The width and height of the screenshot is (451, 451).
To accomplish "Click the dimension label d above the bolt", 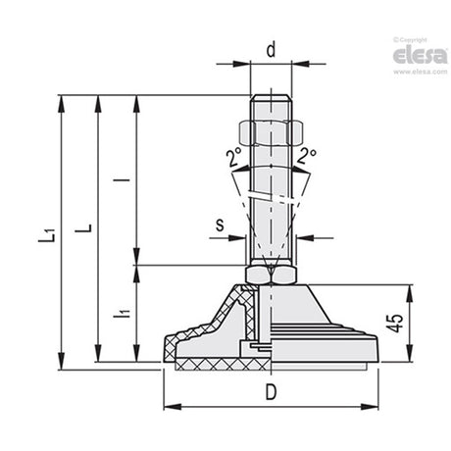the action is pos(271,50).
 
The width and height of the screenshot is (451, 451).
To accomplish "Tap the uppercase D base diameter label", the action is pos(271,392).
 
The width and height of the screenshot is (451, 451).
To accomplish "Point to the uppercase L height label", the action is pos(83,228).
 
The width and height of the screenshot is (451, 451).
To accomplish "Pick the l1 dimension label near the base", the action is pos(122,313).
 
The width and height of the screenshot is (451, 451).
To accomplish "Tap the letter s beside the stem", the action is pos(221,225).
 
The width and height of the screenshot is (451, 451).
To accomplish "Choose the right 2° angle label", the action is pos(307,156).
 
